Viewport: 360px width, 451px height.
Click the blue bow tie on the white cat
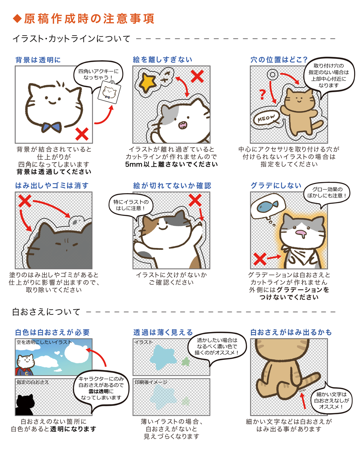(x=51, y=127)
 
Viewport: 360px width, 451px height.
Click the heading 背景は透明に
(x=38, y=59)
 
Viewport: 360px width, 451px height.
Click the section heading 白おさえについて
(x=46, y=313)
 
